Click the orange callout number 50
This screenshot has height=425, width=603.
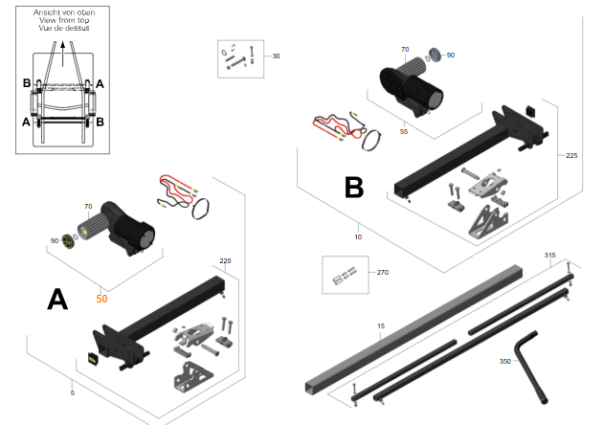101,299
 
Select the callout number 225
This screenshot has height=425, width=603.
571,156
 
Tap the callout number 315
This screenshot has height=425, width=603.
550,256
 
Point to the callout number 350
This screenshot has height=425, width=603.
505,361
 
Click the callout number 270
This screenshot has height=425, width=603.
383,272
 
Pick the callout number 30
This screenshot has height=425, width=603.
276,56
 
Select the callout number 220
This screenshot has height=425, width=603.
225,260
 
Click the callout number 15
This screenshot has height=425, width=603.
381,326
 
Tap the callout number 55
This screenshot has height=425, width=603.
403,131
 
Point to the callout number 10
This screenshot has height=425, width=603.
358,237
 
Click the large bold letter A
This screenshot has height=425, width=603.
57,300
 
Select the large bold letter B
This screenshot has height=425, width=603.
354,188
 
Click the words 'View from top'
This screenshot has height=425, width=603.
64,20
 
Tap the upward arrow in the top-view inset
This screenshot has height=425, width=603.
62,54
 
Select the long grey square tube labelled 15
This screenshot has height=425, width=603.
413,328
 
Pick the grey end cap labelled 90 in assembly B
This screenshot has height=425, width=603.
435,55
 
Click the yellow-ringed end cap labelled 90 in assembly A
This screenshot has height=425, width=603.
67,241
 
